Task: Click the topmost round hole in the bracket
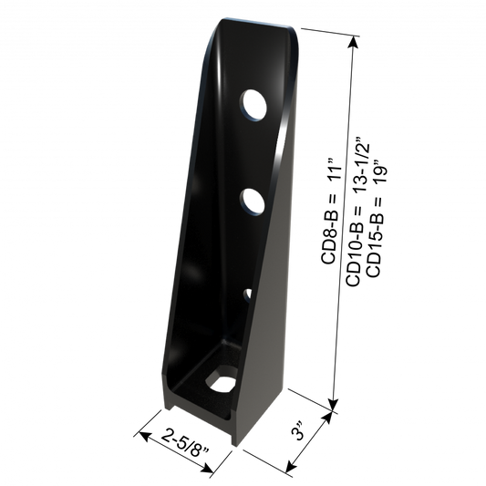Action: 250,106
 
